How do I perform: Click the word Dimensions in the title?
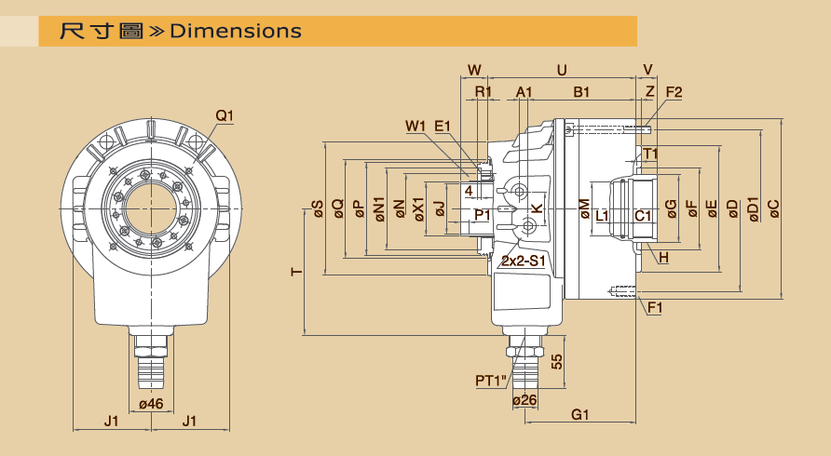[236, 31]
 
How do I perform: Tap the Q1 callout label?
[225, 116]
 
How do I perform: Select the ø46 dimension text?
[151, 404]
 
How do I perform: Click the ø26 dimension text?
[526, 400]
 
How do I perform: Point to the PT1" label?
[490, 380]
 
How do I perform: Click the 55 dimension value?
[556, 362]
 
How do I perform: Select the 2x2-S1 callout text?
[524, 262]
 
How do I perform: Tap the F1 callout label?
[655, 306]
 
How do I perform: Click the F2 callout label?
[674, 92]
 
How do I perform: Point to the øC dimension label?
[773, 209]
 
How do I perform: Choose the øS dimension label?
[317, 209]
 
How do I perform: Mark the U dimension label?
[561, 70]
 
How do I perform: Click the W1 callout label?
[415, 126]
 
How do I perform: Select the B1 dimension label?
[581, 92]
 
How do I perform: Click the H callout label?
[663, 257]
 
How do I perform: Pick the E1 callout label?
[443, 126]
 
